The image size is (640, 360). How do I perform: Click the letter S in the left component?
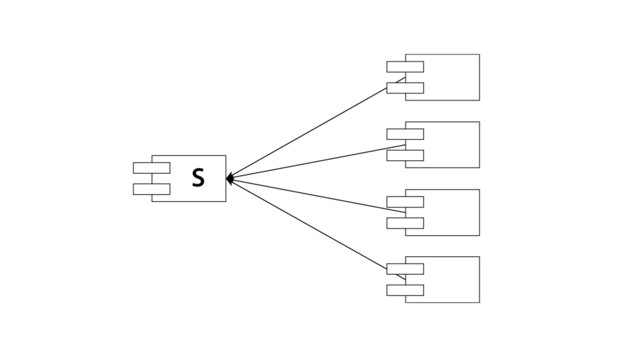tap(198, 178)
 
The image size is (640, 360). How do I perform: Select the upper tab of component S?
tap(152, 168)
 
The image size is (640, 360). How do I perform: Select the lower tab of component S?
tap(152, 189)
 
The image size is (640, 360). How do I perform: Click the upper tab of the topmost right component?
tap(405, 67)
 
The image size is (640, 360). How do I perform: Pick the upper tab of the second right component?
tap(405, 134)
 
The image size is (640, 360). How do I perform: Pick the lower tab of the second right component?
tap(405, 156)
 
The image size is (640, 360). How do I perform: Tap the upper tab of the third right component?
tap(405, 202)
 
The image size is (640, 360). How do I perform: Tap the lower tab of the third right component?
tap(405, 223)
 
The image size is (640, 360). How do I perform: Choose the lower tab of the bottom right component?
tap(405, 290)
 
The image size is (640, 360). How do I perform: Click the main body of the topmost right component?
tap(452, 77)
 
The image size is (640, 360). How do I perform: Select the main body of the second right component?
tap(452, 145)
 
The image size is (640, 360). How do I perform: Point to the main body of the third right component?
tap(452, 212)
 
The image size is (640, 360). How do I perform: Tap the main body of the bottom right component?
tap(452, 280)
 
